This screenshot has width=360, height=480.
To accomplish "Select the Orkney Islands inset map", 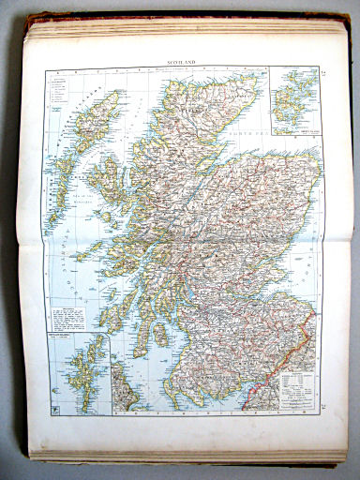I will click(293, 98).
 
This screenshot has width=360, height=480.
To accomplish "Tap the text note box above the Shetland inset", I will click(75, 318).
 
